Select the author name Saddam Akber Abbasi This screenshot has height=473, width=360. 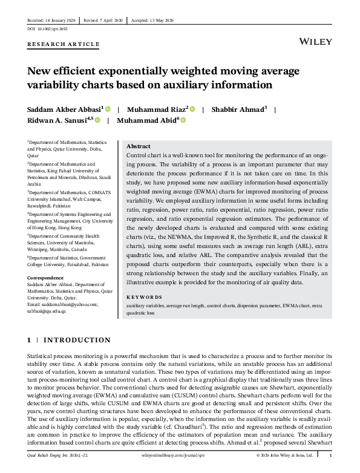click(x=64, y=110)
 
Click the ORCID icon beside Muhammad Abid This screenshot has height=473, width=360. click(x=183, y=120)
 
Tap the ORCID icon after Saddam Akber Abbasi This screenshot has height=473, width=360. click(x=108, y=110)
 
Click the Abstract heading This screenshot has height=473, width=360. click(x=138, y=146)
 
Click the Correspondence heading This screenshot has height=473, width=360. click(x=46, y=278)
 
